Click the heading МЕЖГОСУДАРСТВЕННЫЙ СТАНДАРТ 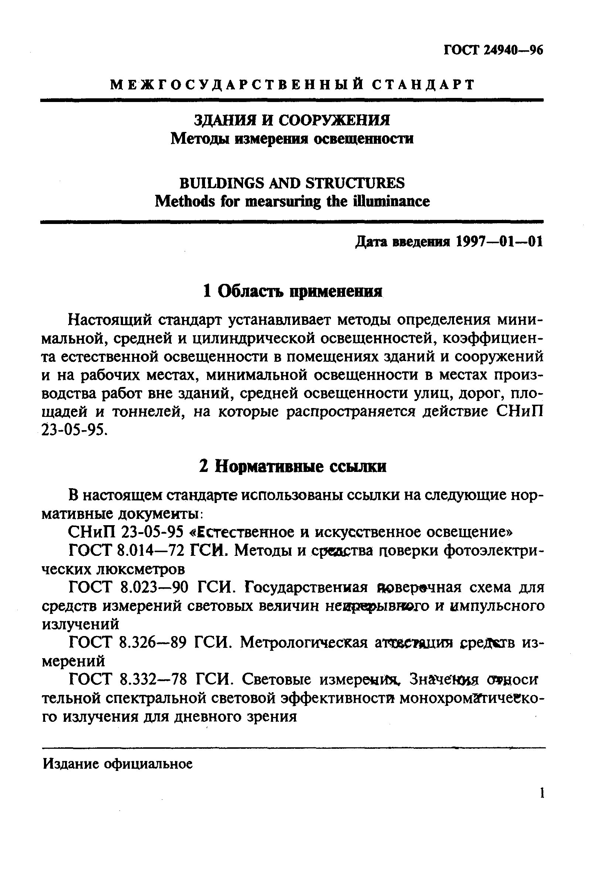point(293,85)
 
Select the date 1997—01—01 point(499,241)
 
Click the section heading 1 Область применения point(293,291)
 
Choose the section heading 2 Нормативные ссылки point(293,467)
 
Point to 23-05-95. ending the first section point(75,430)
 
